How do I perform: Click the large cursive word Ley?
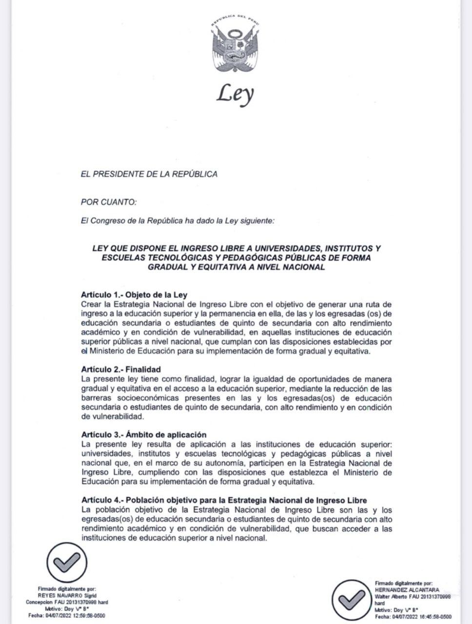[x=236, y=93]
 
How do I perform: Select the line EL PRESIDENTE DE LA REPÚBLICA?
[x=149, y=174]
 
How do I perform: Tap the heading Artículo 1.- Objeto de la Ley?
[x=134, y=295]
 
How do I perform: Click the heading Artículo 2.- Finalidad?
[x=121, y=370]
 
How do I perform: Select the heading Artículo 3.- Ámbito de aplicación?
[x=144, y=434]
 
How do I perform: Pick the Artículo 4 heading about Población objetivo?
[x=224, y=500]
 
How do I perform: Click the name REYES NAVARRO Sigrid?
[x=67, y=595]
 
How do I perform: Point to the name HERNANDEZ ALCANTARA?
[x=407, y=589]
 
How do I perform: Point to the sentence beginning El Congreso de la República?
[x=177, y=221]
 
